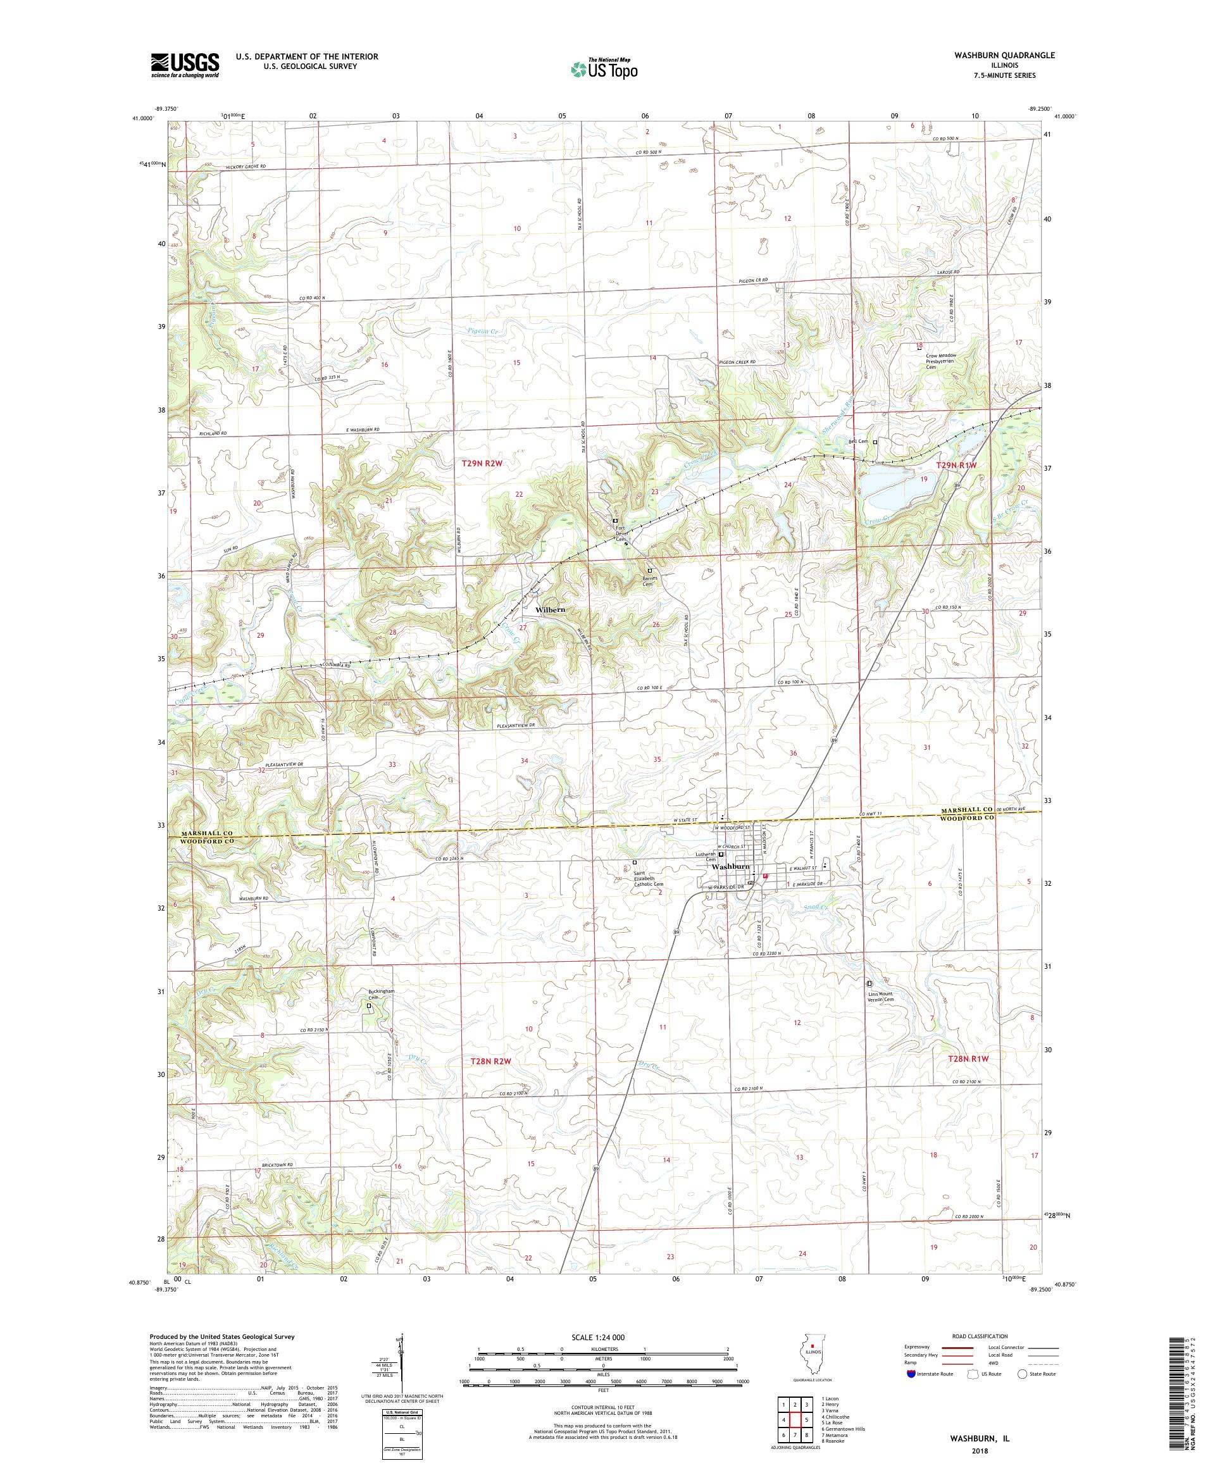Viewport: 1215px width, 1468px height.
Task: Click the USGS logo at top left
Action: [x=185, y=65]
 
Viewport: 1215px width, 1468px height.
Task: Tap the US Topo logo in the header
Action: [x=606, y=68]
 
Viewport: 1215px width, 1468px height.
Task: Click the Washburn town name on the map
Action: [x=730, y=867]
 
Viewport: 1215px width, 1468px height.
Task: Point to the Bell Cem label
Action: [x=857, y=442]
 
